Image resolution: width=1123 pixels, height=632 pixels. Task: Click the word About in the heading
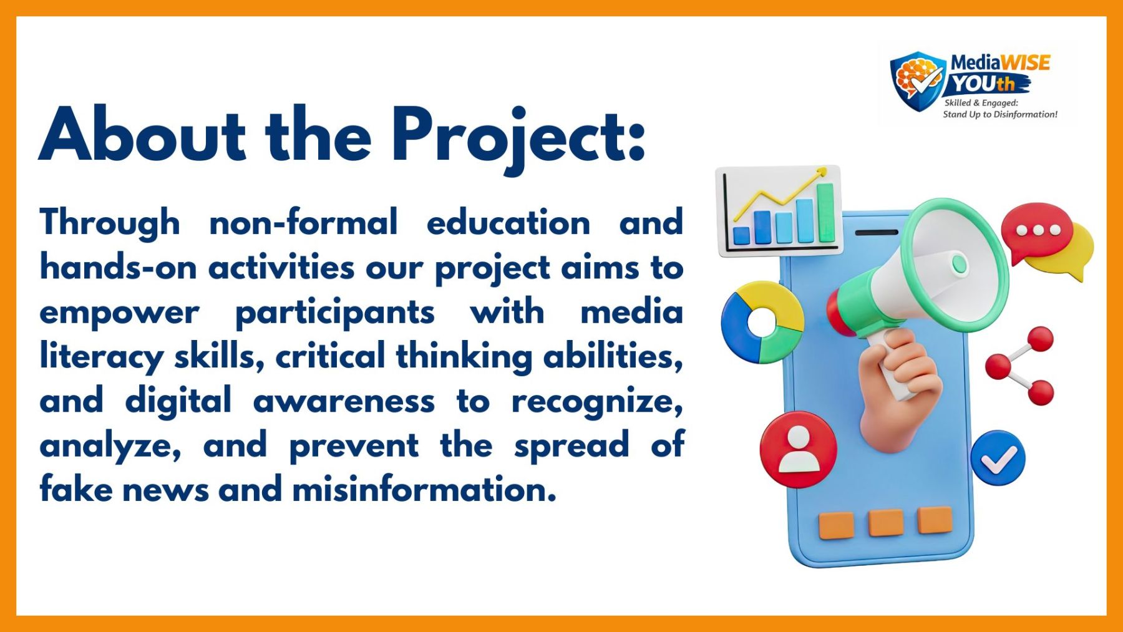pyautogui.click(x=142, y=134)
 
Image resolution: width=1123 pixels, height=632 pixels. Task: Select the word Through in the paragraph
pyautogui.click(x=110, y=223)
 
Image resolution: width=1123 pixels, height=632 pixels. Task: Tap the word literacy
pyautogui.click(x=102, y=357)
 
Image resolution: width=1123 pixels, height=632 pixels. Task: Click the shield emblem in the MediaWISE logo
pyautogui.click(x=918, y=80)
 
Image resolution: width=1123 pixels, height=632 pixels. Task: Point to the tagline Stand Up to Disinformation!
pyautogui.click(x=1000, y=114)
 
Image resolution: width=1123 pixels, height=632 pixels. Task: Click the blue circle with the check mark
pyautogui.click(x=998, y=459)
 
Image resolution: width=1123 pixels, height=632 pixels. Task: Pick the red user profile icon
pyautogui.click(x=799, y=449)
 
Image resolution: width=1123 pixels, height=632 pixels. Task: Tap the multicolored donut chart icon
pyautogui.click(x=762, y=323)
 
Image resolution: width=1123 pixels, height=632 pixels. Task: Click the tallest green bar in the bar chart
pyautogui.click(x=825, y=212)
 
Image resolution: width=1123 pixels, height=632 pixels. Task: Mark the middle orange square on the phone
pyautogui.click(x=886, y=523)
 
